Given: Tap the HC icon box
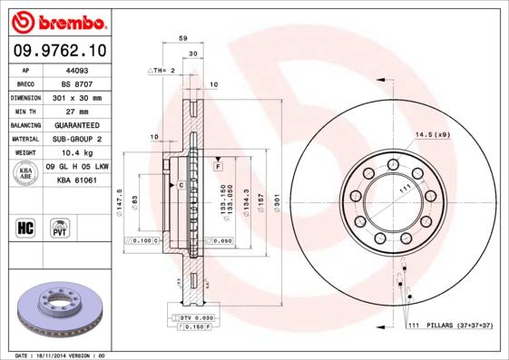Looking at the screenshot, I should click(x=26, y=226).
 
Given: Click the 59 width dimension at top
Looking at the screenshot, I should click(x=182, y=39).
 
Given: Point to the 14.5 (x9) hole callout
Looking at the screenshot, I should click(x=432, y=135).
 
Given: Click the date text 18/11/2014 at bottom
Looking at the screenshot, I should click(x=54, y=355).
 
